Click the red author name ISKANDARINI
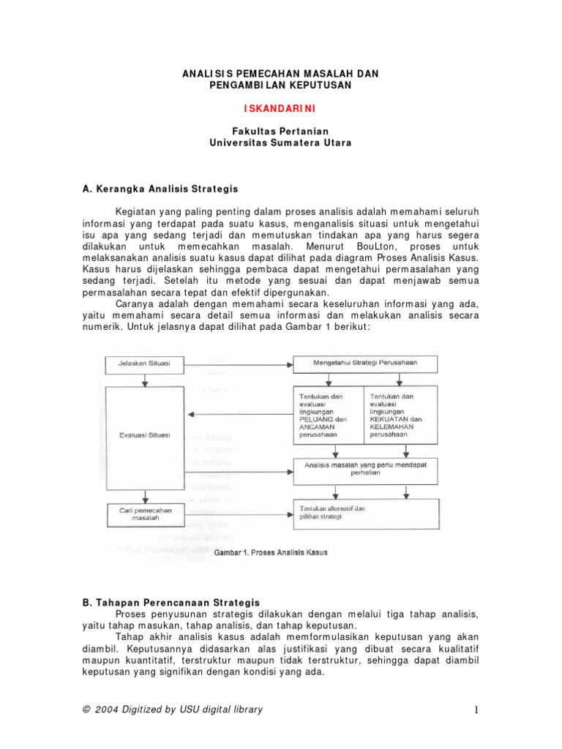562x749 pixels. tap(280, 108)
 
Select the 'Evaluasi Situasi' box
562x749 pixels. tap(146, 434)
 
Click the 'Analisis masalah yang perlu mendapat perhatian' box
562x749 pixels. tap(365, 468)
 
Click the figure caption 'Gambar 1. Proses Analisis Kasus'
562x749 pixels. tap(271, 552)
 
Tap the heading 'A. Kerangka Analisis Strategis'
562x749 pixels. tap(160, 189)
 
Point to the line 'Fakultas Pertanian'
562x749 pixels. tap(280, 131)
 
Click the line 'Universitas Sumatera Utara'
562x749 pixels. tap(280, 143)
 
